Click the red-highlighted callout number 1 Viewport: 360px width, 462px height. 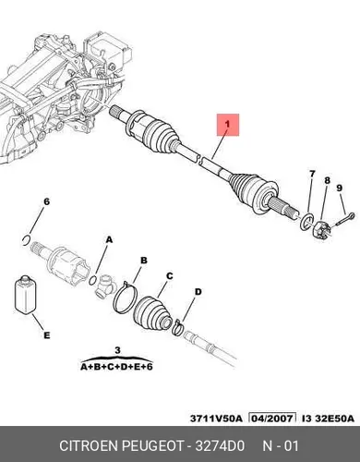pyautogui.click(x=227, y=124)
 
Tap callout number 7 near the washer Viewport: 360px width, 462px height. pyautogui.click(x=312, y=174)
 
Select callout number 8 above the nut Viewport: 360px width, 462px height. pyautogui.click(x=327, y=180)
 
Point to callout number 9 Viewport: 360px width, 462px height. pyautogui.click(x=340, y=188)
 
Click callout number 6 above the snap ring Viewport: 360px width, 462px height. pyautogui.click(x=46, y=201)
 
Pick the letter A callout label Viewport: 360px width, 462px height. pyautogui.click(x=109, y=239)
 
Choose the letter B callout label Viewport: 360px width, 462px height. pyautogui.click(x=144, y=261)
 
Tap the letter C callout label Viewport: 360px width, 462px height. pyautogui.click(x=169, y=276)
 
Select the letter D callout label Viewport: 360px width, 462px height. pyautogui.click(x=198, y=291)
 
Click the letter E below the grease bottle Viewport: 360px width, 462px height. pyautogui.click(x=46, y=334)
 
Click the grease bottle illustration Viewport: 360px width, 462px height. pyautogui.click(x=26, y=295)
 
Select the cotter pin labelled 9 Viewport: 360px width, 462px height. pyautogui.click(x=345, y=219)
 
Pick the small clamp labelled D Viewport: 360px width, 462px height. pyautogui.click(x=178, y=327)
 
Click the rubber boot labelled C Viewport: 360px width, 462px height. pyautogui.click(x=152, y=315)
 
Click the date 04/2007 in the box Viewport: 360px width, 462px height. pyautogui.click(x=272, y=419)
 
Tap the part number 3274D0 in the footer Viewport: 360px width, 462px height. pyautogui.click(x=220, y=445)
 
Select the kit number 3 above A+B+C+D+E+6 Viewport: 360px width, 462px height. pyautogui.click(x=117, y=350)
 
